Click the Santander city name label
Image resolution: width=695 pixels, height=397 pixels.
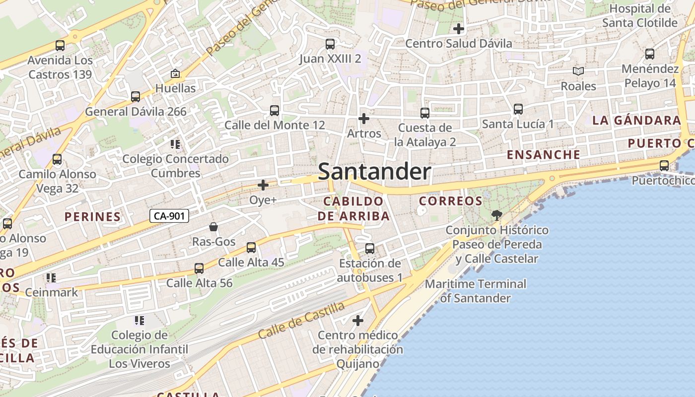374,172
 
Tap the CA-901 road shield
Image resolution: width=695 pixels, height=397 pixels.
169,216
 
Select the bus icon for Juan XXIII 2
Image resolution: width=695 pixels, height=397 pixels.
330,44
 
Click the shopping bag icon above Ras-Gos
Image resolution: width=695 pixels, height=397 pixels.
213,227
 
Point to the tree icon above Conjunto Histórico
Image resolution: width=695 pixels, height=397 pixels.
496,215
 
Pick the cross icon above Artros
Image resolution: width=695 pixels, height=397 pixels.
364,119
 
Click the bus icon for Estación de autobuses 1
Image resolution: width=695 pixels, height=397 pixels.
370,249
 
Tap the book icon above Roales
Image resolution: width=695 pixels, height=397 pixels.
578,71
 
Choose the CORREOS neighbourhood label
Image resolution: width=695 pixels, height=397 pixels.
450,201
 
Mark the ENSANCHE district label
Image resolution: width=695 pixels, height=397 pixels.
543,154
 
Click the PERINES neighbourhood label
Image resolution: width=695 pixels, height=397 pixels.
93,217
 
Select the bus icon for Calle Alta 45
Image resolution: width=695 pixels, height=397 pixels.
251,248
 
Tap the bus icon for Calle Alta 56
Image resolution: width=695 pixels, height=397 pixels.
199,268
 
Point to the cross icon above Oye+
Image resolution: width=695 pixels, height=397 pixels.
263,185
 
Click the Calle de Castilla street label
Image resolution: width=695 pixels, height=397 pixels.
301,320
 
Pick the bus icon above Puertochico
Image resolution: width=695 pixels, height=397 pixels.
664,166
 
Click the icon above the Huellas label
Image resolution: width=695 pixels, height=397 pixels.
175,74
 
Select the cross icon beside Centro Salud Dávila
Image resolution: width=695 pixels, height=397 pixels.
459,29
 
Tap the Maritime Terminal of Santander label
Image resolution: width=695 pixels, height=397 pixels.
475,291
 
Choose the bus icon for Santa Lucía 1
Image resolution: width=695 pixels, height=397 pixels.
518,109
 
